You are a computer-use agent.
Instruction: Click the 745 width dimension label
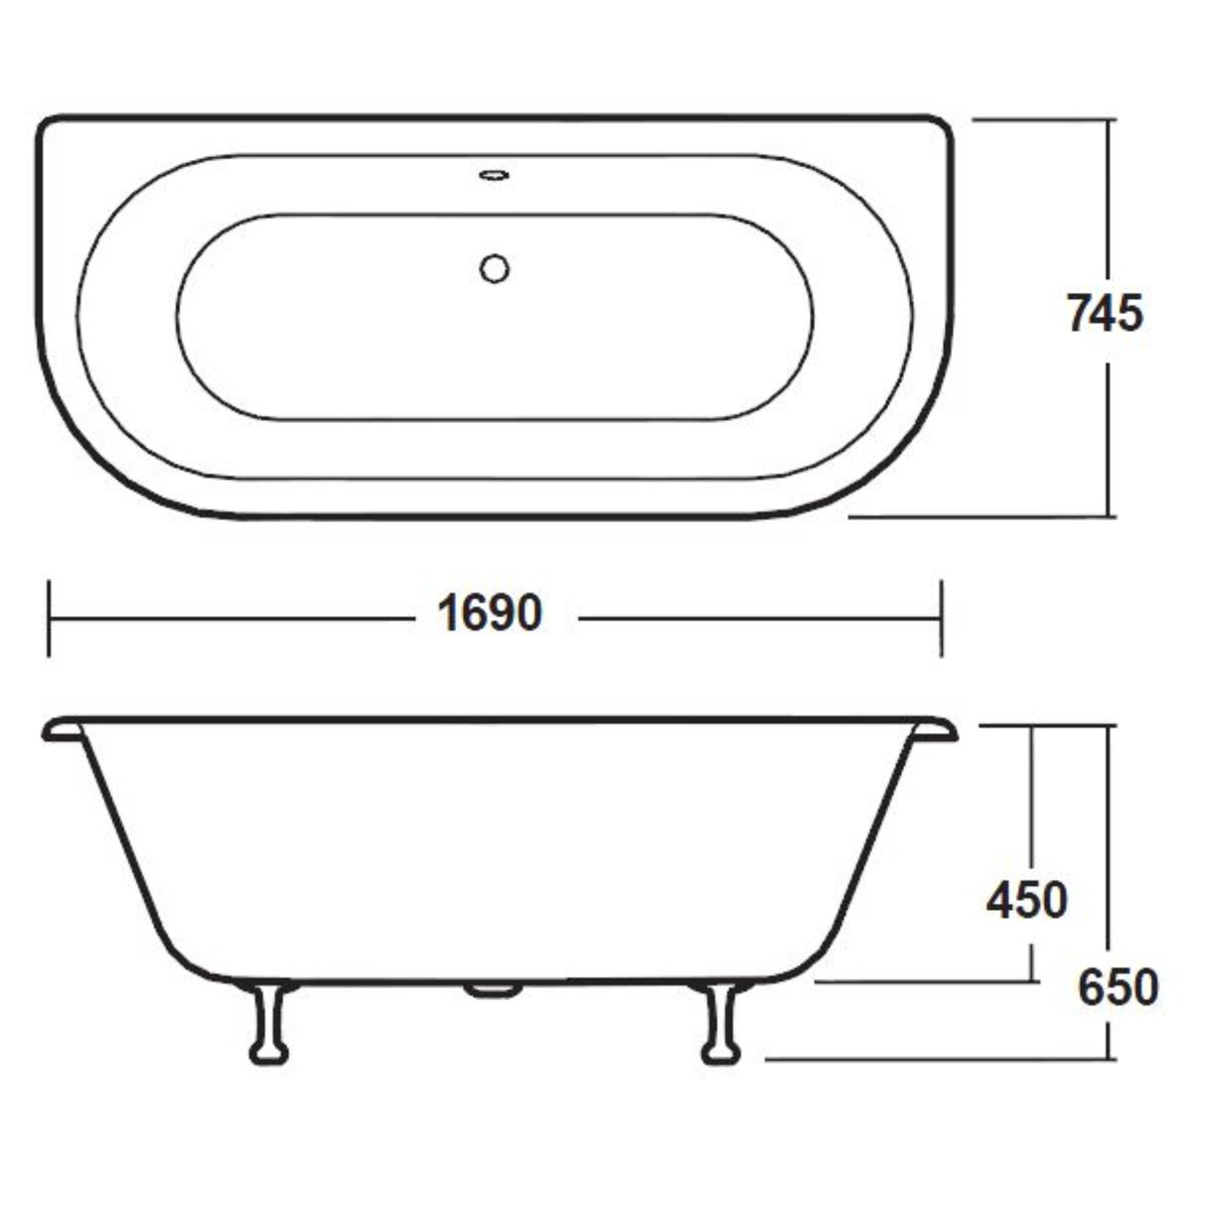click(1105, 314)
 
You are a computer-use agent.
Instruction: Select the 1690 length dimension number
click(490, 614)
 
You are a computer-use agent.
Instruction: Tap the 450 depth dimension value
click(1026, 900)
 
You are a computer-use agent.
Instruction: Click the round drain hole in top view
click(494, 268)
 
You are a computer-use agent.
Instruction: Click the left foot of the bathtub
click(269, 1023)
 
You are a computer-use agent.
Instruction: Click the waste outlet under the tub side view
click(494, 989)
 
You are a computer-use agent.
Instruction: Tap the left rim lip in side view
click(62, 731)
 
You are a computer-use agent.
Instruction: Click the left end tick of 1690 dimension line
click(49, 619)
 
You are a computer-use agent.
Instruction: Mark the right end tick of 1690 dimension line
click(941, 619)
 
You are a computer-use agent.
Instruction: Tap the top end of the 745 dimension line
click(1109, 119)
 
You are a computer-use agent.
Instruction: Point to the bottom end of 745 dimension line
click(1109, 517)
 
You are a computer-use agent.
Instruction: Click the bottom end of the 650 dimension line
click(1109, 1059)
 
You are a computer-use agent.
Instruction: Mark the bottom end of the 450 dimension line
click(1033, 981)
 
